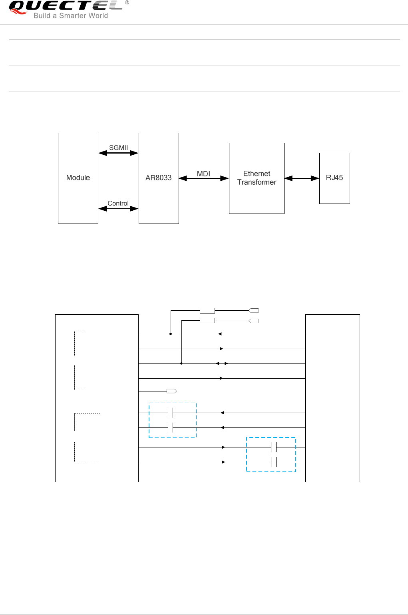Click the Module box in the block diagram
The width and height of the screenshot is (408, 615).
coord(78,178)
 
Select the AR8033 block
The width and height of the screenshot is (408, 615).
coord(159,178)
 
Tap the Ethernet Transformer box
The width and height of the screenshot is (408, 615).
coord(257,178)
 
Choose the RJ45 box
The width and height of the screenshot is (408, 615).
coord(334,178)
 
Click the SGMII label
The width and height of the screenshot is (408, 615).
coord(119,148)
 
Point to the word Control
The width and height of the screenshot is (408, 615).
coord(118,203)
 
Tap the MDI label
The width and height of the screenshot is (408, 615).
coord(203,174)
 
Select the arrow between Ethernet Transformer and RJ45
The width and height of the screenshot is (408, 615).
coord(302,178)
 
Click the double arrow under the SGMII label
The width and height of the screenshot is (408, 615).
coord(118,153)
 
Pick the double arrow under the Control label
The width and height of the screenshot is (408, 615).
coord(118,208)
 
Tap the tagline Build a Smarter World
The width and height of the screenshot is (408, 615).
coord(71,16)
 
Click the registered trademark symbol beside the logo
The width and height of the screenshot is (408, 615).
coord(127,2)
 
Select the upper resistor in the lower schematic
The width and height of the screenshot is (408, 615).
coord(207,310)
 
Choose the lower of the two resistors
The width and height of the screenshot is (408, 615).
coord(207,320)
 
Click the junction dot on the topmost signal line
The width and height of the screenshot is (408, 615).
coord(171,334)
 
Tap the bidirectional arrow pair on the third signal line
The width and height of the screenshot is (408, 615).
coord(222,363)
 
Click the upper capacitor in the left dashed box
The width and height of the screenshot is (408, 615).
coord(171,413)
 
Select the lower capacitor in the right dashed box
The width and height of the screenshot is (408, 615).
coord(274,462)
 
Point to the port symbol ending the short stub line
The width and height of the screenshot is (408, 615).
coord(171,391)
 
